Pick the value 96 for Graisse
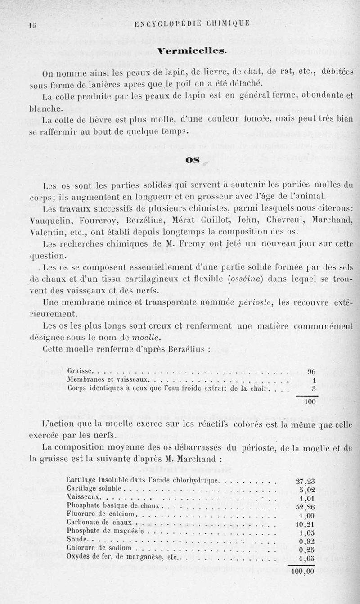tap(312, 371)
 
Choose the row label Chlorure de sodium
tap(99, 548)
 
